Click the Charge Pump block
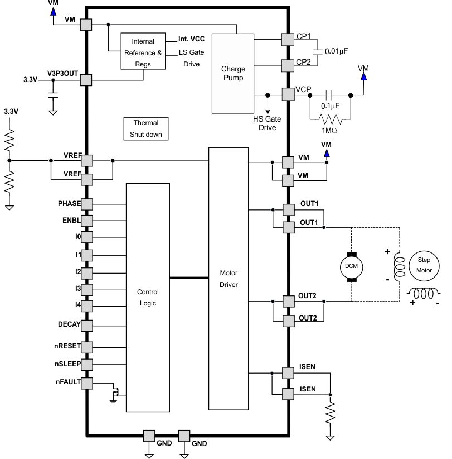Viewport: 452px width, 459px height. coord(233,73)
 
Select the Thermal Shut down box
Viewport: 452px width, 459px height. coord(145,128)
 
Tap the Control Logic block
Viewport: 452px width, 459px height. coord(148,298)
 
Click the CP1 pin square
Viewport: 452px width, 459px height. coord(288,39)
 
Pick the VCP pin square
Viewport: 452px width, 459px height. coord(288,94)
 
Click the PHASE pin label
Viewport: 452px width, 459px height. coord(69,203)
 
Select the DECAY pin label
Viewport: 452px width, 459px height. coord(69,323)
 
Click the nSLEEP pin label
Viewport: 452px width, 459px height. coord(67,364)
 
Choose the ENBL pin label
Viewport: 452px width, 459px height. coord(71,220)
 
